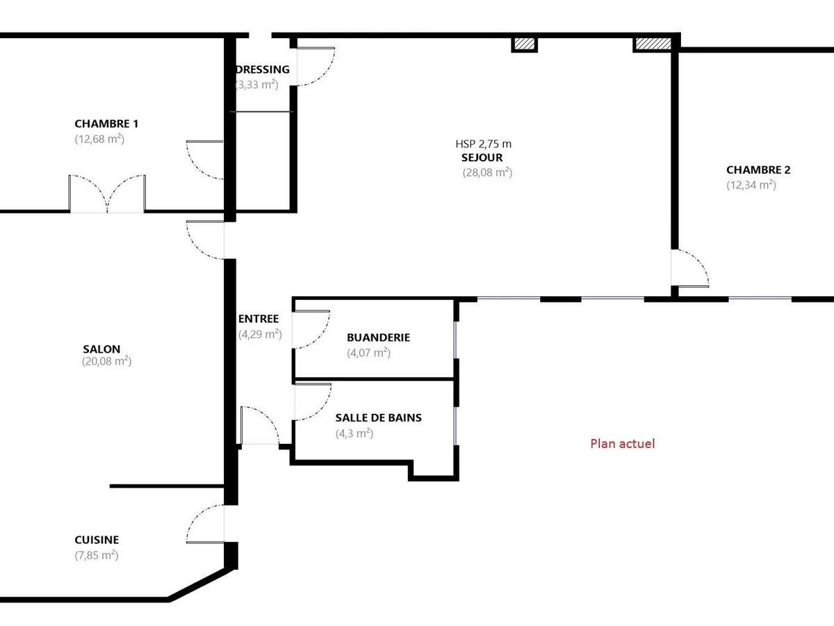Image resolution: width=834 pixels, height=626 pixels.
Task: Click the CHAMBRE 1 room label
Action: point(106,124)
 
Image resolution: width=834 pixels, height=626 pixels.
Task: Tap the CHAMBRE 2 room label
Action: point(758,170)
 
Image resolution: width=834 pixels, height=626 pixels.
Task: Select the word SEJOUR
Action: point(482,158)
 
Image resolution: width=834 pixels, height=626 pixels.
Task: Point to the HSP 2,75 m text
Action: point(484,144)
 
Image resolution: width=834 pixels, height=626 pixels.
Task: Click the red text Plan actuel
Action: point(622,443)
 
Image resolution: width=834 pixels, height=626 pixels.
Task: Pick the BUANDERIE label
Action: point(378,337)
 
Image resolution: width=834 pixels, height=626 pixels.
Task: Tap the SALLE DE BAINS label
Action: point(378,418)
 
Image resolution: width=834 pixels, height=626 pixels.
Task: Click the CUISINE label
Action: point(97,540)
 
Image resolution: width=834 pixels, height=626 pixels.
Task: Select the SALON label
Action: point(101,349)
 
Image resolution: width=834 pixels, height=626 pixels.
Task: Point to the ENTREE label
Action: point(259,319)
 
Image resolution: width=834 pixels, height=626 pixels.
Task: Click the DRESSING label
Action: point(263,70)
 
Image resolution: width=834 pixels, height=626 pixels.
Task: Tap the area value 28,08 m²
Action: point(487,172)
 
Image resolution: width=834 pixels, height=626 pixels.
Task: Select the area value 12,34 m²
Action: point(751,185)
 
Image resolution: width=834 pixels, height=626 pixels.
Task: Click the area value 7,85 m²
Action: point(96,555)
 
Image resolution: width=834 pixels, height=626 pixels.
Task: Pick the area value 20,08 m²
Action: point(106,362)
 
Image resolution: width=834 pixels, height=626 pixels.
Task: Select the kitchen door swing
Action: point(206,524)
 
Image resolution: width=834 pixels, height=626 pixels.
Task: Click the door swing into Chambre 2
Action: point(690,268)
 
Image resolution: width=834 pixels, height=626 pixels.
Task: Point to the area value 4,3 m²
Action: point(354,433)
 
